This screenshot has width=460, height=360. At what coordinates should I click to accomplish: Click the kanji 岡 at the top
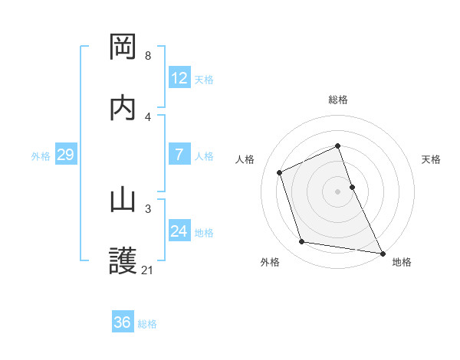(x=123, y=47)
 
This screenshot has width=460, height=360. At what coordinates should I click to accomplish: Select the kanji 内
(x=123, y=108)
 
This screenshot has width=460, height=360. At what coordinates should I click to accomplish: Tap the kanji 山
(x=123, y=200)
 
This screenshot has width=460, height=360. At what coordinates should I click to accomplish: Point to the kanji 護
(x=123, y=261)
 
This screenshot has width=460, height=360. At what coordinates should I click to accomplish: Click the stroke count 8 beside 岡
(x=148, y=56)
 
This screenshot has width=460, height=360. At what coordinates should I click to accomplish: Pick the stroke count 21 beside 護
(x=148, y=270)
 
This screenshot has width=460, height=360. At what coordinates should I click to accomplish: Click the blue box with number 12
(x=179, y=78)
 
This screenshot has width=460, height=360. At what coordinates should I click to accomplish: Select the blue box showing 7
(x=179, y=155)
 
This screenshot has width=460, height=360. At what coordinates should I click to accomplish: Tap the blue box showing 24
(x=179, y=231)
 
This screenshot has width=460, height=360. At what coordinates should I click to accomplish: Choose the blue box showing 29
(x=65, y=155)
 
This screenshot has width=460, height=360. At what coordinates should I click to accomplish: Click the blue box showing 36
(x=123, y=322)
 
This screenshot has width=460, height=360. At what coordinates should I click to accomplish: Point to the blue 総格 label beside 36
(x=147, y=324)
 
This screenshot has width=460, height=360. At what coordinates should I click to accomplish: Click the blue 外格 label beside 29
(x=41, y=155)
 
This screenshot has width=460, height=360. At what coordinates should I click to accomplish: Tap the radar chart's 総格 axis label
(x=338, y=100)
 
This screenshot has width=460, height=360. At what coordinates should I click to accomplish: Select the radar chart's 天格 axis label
(x=431, y=159)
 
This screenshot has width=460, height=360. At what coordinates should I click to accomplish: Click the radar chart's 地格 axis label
(x=402, y=262)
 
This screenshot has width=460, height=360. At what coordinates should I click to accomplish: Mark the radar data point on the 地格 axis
(x=382, y=253)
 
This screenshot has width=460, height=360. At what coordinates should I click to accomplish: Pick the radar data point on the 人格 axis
(x=280, y=172)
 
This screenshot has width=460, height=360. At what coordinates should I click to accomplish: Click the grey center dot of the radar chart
(x=338, y=191)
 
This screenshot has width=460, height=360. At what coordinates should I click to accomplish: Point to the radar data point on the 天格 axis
(x=353, y=186)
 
